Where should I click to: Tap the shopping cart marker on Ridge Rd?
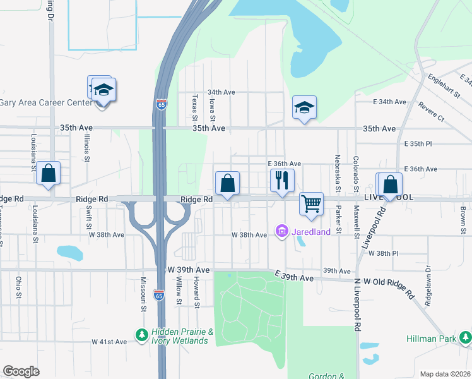click(311, 205)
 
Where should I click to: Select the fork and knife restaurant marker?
click(282, 181)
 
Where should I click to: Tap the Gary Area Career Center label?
click(45, 102)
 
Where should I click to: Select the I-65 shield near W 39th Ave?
click(159, 295)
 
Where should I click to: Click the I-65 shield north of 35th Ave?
click(162, 104)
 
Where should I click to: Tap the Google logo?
click(21, 371)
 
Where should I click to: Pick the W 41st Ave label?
click(109, 342)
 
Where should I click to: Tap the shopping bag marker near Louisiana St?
click(49, 174)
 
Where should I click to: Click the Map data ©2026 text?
click(444, 374)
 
